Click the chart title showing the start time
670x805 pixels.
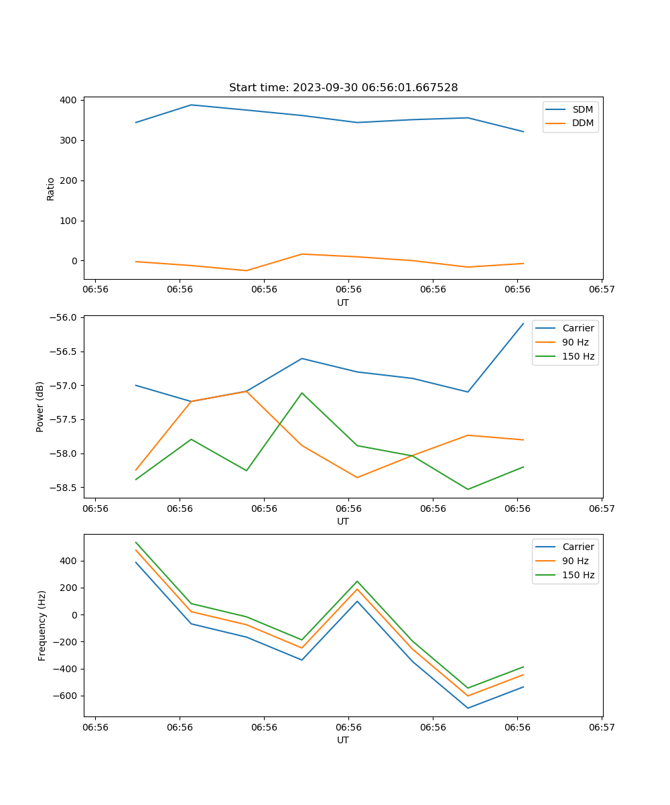coord(343,88)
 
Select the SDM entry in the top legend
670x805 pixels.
coord(582,109)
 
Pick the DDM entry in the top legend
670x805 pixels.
coord(582,123)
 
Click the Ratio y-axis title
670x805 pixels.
coord(51,189)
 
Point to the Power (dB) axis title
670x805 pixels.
coord(40,407)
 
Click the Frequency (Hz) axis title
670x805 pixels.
coord(42,625)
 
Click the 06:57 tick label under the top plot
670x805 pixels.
coord(602,289)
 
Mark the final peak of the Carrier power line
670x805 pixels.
coord(523,323)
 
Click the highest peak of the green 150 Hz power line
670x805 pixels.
coord(302,393)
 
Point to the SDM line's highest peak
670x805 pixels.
coord(191,105)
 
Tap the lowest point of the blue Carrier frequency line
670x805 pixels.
coord(468,708)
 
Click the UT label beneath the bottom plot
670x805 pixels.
coord(343,740)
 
